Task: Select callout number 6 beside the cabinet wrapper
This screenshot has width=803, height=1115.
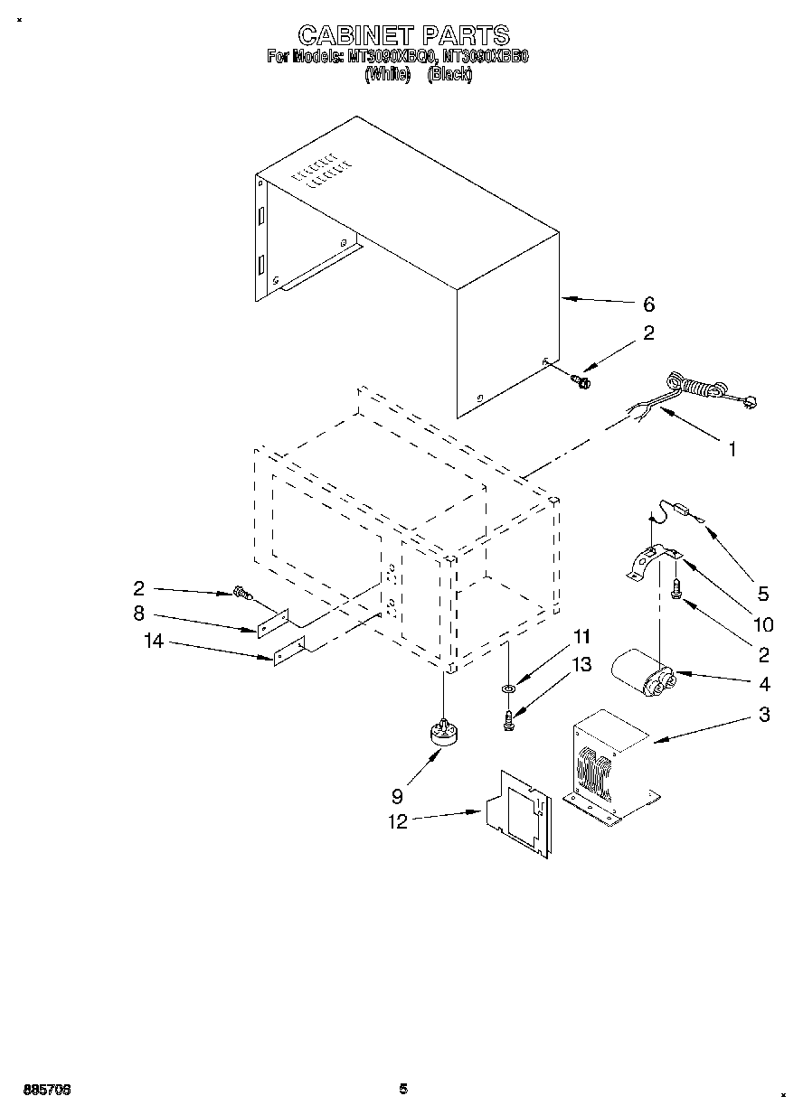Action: coord(648,305)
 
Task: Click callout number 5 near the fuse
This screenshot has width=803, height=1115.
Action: coord(762,594)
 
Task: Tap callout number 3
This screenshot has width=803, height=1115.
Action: coord(764,715)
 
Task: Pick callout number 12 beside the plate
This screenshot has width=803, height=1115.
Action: coord(397,821)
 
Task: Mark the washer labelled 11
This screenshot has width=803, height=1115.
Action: coord(508,689)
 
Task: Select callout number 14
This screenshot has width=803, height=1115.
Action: coord(153,642)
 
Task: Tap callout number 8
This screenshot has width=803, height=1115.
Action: coord(138,614)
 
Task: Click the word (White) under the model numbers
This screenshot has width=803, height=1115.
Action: coord(386,76)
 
